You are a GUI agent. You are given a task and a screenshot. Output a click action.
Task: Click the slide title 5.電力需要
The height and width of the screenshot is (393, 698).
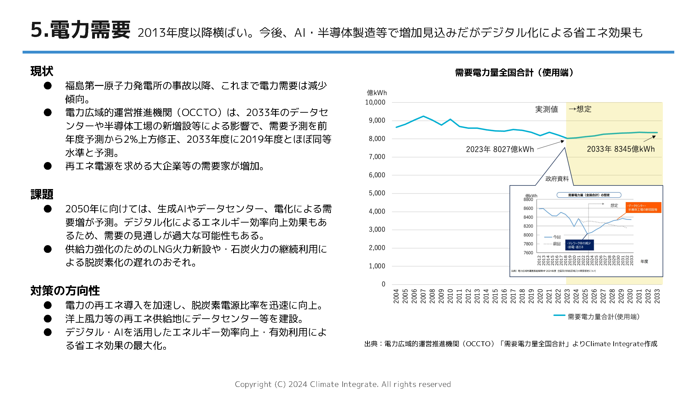tap(80, 30)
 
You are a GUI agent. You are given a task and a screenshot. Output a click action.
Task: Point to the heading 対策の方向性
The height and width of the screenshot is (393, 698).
tap(65, 291)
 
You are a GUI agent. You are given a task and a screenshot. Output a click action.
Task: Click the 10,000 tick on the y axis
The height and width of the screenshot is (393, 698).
tap(375, 102)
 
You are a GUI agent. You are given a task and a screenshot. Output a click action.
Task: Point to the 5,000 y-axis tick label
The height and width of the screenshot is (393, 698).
tap(377, 193)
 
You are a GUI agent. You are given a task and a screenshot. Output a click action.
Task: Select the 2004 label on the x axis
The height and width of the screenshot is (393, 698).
tap(396, 296)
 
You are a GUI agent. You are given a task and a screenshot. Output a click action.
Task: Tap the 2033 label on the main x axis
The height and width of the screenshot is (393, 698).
tap(657, 296)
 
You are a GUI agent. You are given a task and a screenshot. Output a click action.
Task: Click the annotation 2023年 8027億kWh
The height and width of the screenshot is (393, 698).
tap(500, 149)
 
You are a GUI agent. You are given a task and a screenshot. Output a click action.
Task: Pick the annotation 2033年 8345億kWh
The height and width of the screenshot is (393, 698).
tap(621, 149)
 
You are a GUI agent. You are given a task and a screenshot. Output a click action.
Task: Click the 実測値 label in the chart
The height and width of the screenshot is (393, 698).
tap(546, 109)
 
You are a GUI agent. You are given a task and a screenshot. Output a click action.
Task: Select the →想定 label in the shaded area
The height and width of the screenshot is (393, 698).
tap(580, 109)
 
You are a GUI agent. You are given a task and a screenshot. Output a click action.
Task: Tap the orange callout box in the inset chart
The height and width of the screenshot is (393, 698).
tap(643, 207)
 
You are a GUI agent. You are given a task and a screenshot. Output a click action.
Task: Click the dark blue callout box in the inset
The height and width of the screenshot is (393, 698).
tap(579, 245)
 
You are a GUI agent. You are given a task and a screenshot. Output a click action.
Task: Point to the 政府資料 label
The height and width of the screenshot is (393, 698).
tap(557, 179)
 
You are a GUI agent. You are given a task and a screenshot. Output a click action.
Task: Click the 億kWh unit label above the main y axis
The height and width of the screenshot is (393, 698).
tap(377, 93)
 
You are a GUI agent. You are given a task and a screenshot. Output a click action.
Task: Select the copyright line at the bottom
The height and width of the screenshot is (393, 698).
tap(343, 384)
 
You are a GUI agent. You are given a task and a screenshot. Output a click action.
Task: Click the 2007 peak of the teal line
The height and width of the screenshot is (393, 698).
tap(423, 116)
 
